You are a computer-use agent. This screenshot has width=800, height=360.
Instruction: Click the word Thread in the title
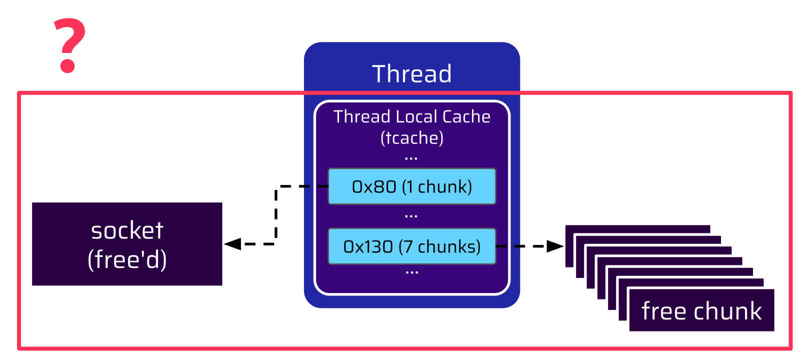pos(411,74)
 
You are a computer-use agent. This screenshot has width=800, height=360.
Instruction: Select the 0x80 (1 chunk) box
pos(411,186)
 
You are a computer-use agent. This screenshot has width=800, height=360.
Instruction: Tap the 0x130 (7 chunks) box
pos(411,246)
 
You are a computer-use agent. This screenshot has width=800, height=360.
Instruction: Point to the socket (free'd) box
pos(127,244)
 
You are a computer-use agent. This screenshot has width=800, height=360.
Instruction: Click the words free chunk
pos(701,311)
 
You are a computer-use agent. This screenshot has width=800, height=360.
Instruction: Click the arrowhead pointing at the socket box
pos(232,244)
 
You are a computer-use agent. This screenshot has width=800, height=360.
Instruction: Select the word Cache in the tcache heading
pos(466,116)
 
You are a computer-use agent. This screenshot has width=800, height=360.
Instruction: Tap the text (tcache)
pos(411,138)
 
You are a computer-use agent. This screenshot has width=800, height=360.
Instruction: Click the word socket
pos(127,230)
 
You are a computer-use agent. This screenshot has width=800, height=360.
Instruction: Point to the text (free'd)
pos(127,259)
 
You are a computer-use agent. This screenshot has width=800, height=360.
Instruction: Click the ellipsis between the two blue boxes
pos(411,216)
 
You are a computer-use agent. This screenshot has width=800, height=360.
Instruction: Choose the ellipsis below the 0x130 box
pos(411,273)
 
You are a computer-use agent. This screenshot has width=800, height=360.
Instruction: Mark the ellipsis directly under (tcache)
pos(411,158)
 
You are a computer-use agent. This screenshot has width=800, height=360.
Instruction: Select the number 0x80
pos(374,186)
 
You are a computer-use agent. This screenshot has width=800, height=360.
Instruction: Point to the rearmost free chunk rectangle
pos(637,229)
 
